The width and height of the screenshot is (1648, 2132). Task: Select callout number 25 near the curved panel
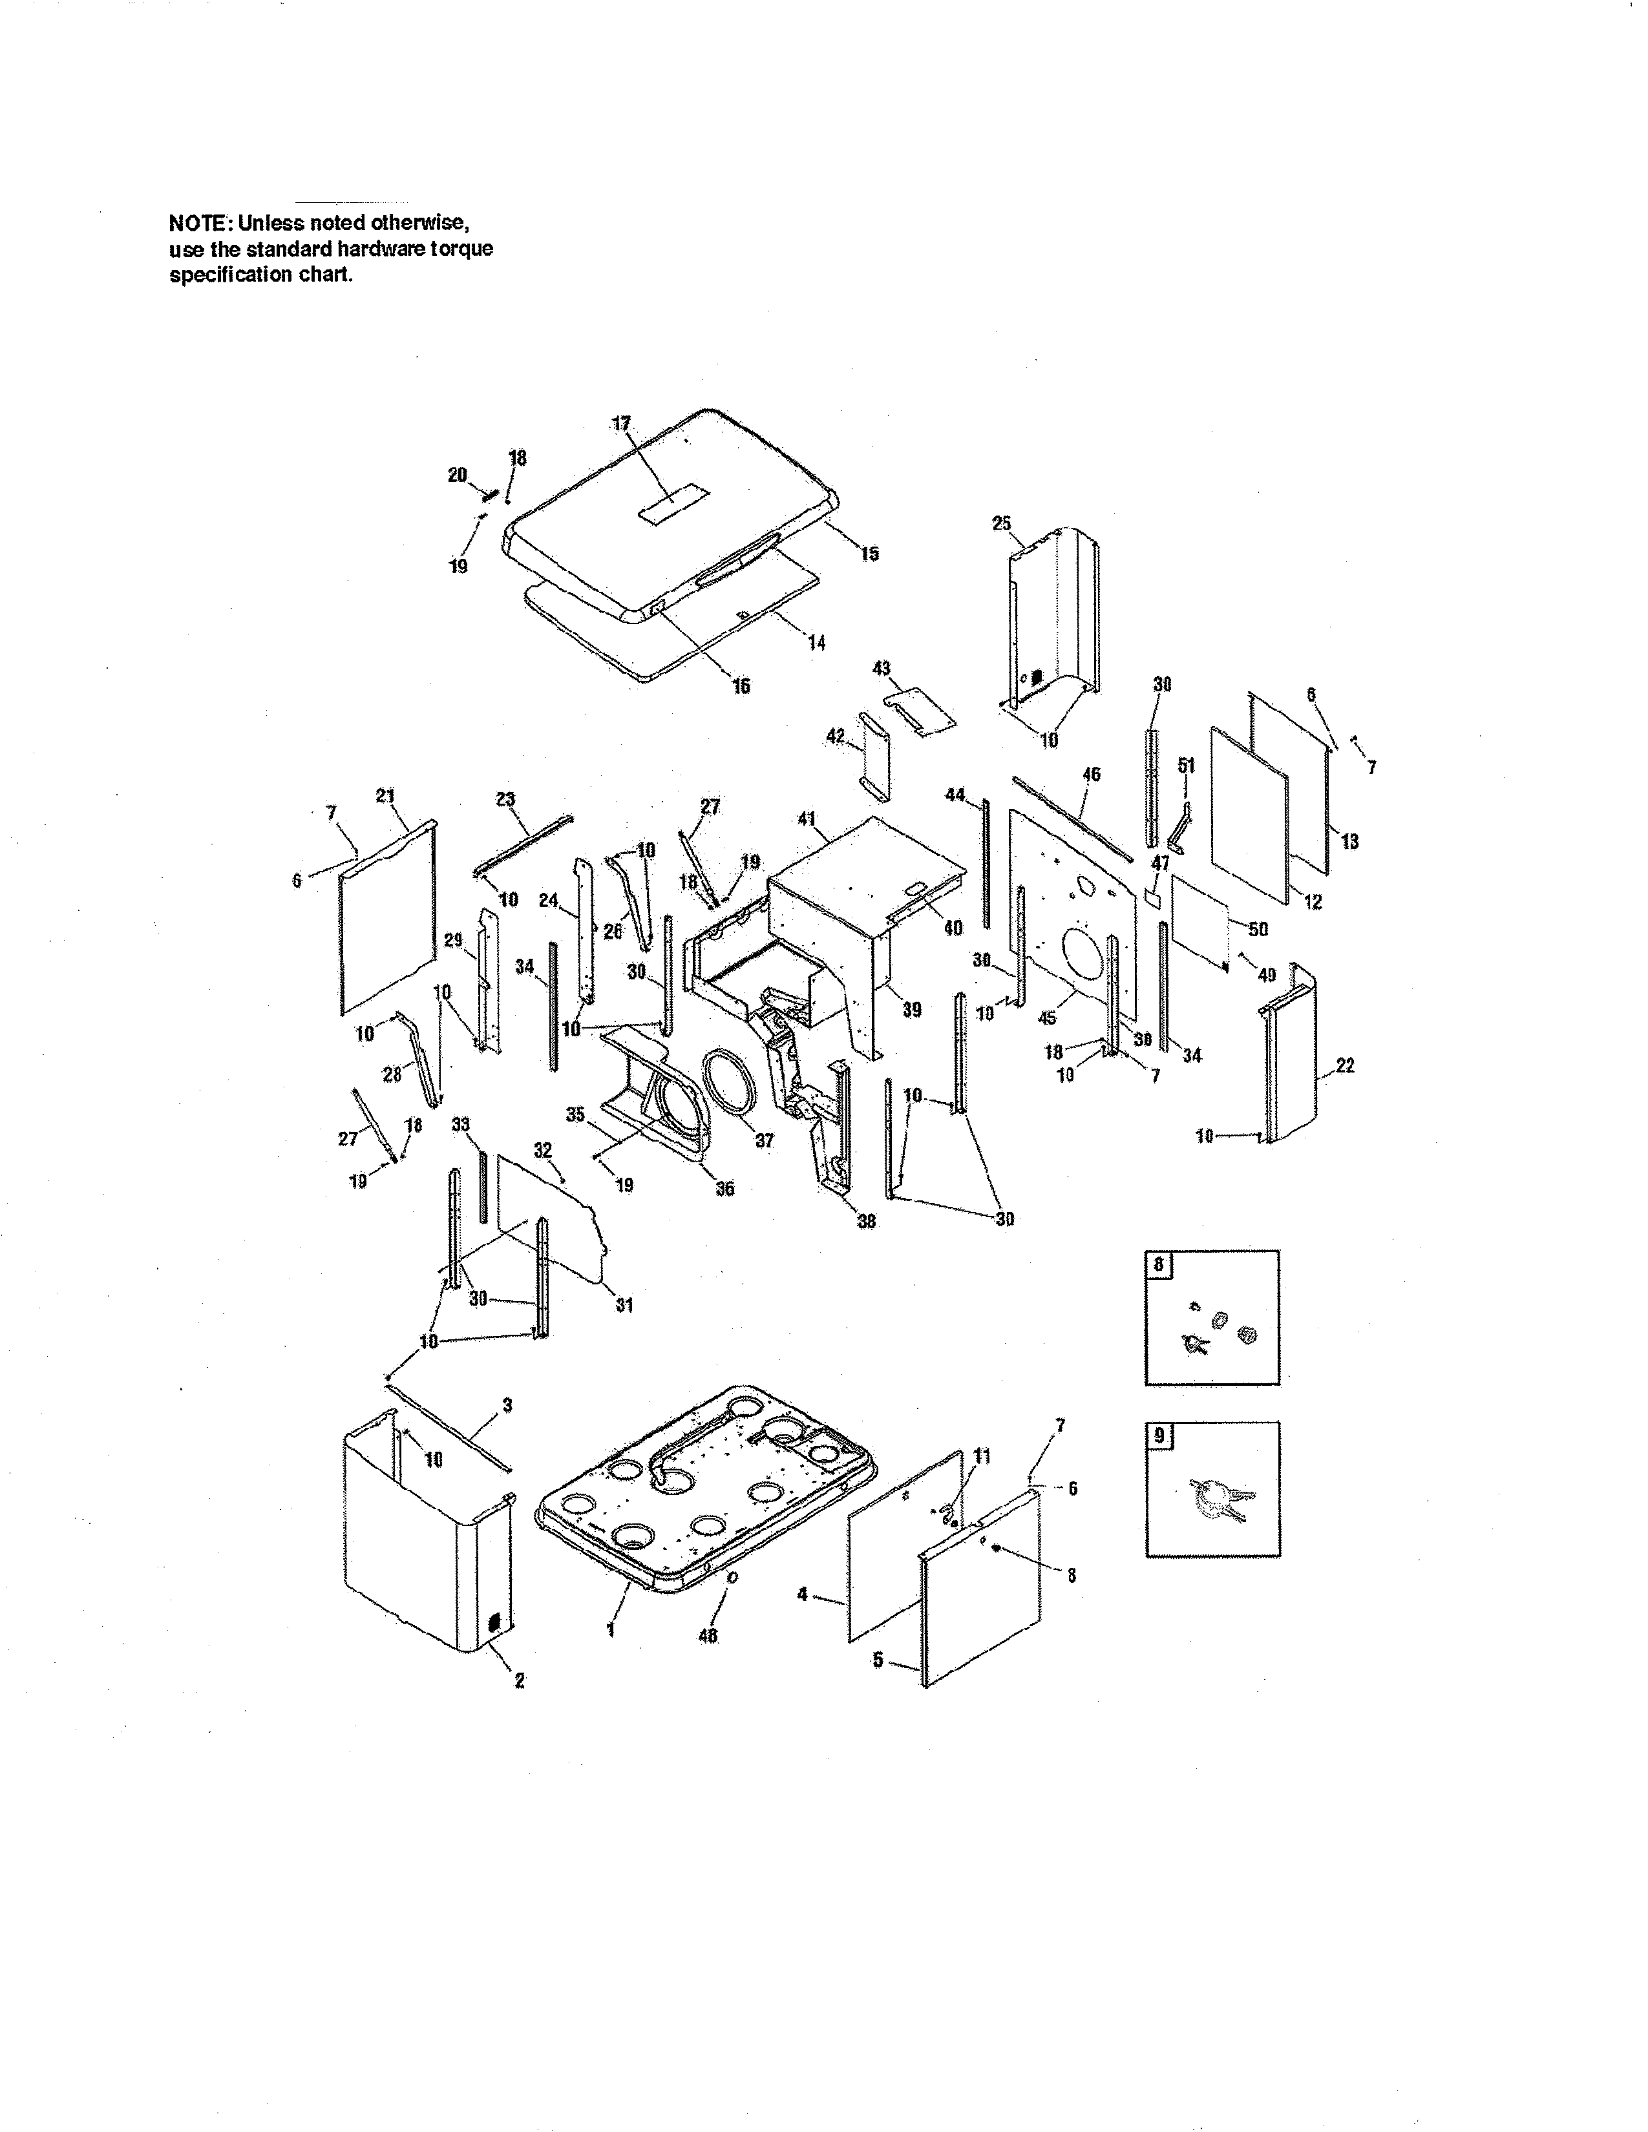click(x=1002, y=523)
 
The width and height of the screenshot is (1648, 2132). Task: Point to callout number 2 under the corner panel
click(x=520, y=1680)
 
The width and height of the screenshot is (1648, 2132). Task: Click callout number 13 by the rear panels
click(x=1349, y=841)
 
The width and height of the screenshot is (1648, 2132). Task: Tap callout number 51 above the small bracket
click(x=1186, y=766)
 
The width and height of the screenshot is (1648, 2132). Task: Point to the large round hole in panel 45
click(x=1084, y=957)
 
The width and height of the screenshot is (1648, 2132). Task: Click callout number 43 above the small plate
click(x=881, y=669)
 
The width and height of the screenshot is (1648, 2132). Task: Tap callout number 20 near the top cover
click(x=457, y=474)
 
